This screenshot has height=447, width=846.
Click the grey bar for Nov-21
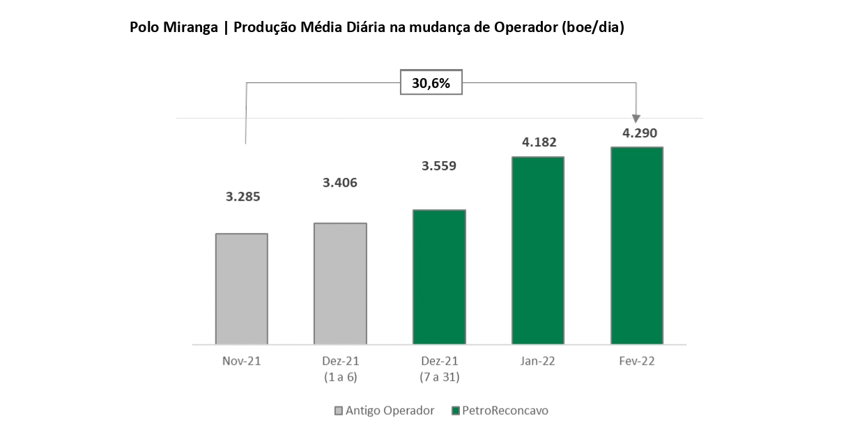242,289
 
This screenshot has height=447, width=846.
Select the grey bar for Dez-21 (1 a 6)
340,284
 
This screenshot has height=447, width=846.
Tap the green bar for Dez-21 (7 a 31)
439,277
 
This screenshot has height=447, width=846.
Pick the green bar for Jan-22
538,250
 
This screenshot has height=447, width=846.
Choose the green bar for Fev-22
637,245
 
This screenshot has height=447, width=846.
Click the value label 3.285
243,197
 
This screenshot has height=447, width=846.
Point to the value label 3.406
340,183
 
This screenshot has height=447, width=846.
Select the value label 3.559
439,167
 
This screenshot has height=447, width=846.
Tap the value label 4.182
539,142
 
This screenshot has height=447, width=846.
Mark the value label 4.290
638,132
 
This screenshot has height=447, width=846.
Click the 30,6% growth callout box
431,83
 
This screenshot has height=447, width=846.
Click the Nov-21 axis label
242,361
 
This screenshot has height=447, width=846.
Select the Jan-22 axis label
538,361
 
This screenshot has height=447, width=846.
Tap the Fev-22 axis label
637,361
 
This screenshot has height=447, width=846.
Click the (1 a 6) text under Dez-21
340,377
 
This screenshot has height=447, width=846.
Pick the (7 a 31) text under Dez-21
439,377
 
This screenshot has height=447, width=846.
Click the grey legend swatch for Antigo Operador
339,411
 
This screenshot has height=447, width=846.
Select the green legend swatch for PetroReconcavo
456,411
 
